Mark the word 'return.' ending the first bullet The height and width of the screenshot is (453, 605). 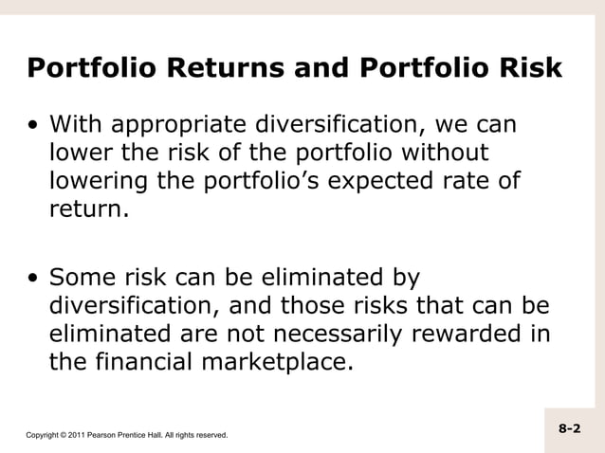87,207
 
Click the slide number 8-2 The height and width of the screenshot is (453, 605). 569,429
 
